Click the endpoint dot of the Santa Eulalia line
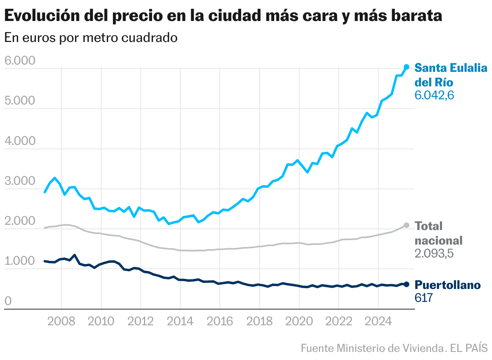click(407, 67)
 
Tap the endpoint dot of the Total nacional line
click(407, 225)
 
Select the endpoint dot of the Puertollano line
click(407, 285)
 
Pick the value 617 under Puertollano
click(423, 298)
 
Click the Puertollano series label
click(448, 285)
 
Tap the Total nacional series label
click(438, 233)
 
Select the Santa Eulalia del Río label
click(451, 75)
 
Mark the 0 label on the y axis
click(8, 301)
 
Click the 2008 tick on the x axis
click(61, 322)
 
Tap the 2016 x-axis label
click(219, 322)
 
